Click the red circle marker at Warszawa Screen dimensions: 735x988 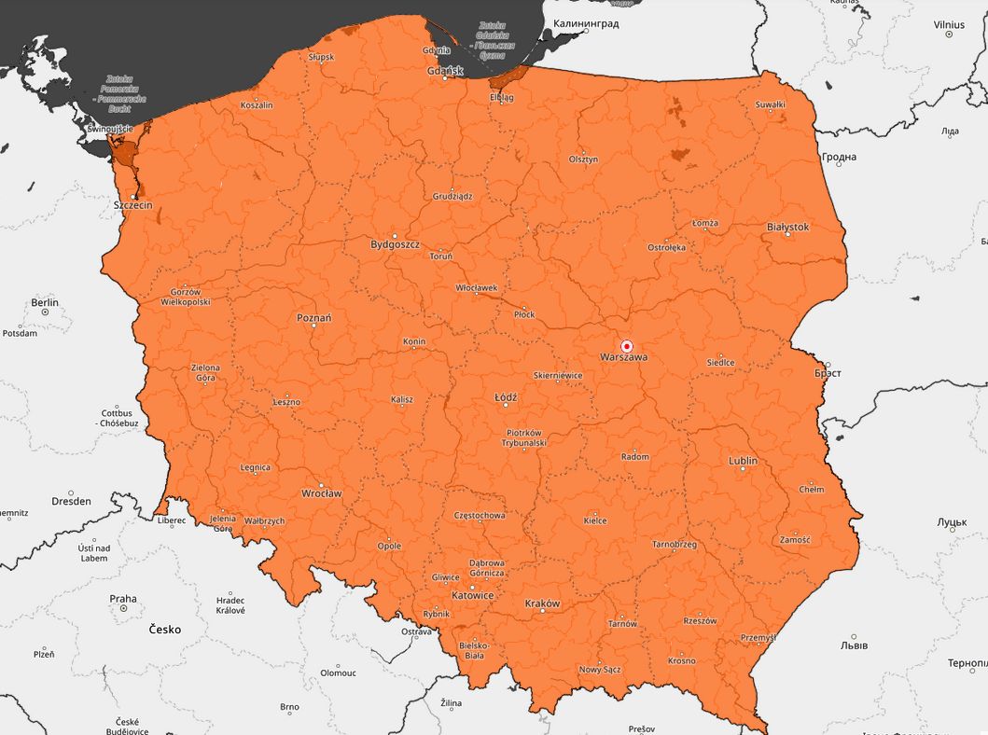(x=627, y=346)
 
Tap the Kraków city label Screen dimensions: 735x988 (x=542, y=603)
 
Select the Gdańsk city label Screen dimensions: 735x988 (x=444, y=71)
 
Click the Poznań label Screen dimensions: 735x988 (x=314, y=318)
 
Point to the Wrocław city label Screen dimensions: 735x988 (x=322, y=493)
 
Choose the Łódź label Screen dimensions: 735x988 (x=506, y=397)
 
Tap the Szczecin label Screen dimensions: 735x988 (x=132, y=204)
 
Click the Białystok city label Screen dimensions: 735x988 (x=787, y=227)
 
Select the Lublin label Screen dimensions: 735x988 (x=743, y=462)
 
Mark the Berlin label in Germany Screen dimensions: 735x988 (x=45, y=302)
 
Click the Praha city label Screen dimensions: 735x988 (x=122, y=599)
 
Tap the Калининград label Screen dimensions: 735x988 (x=586, y=23)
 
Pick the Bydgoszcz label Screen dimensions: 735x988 (x=395, y=244)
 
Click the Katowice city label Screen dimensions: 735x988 (x=472, y=594)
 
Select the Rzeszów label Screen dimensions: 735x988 (x=700, y=621)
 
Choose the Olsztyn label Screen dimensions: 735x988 (x=583, y=159)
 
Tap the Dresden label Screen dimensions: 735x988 (x=71, y=501)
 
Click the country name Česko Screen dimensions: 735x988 (x=165, y=630)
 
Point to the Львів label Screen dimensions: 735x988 (x=854, y=645)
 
